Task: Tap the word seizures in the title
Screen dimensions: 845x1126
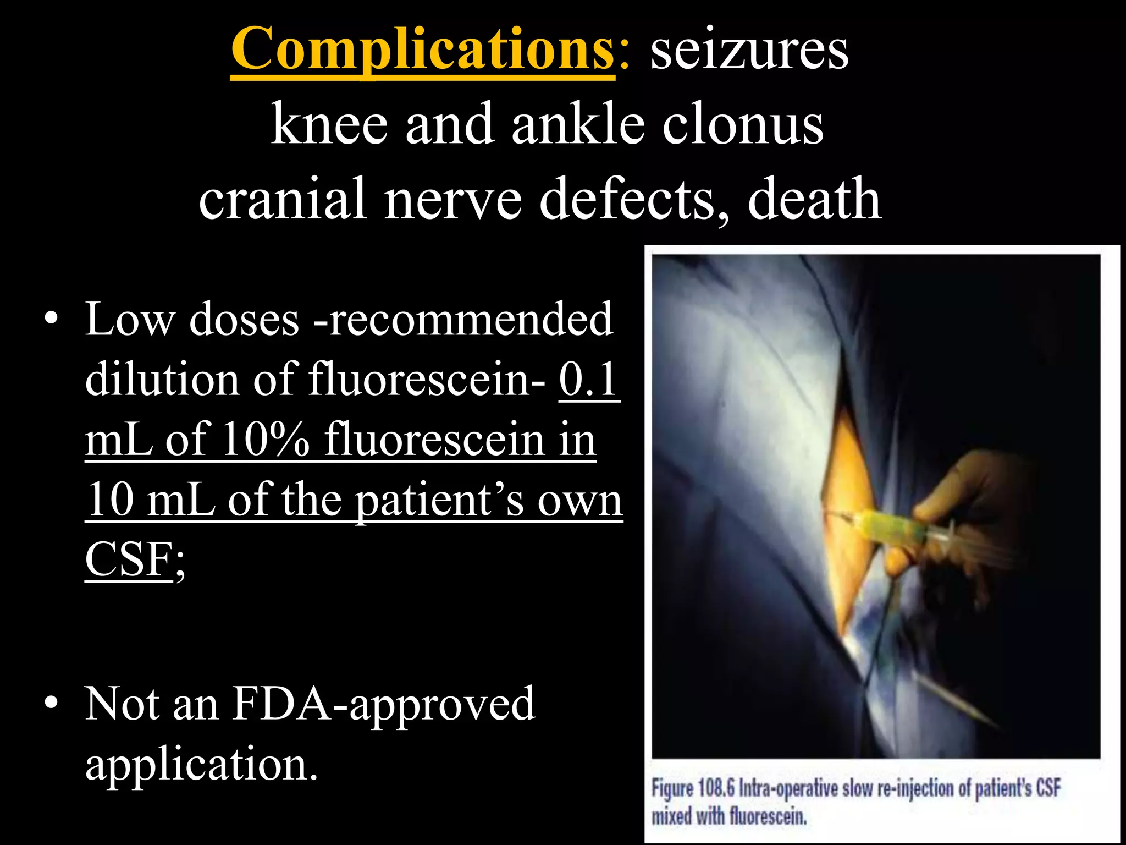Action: coord(749,51)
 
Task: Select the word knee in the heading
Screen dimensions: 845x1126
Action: coord(329,125)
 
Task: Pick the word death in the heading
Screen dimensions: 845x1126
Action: coord(814,199)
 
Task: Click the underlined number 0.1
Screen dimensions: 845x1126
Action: coord(589,380)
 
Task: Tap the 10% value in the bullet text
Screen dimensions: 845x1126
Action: coord(266,440)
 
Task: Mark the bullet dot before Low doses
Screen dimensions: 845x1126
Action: coord(52,319)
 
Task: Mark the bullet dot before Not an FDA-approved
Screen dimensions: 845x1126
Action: coord(52,704)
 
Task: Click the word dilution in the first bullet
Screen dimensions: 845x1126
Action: coord(163,380)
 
